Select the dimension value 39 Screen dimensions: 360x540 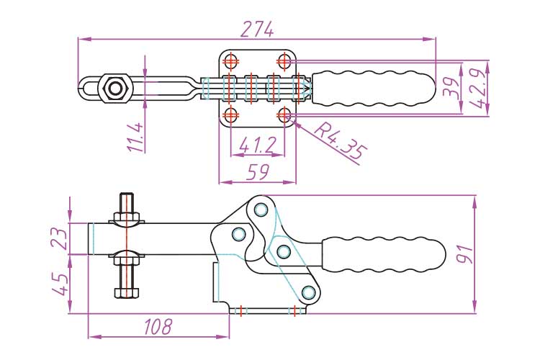[451, 88]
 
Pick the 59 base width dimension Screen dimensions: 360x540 [257, 172]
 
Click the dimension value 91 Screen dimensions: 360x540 [464, 253]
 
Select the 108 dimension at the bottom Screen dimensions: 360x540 [158, 327]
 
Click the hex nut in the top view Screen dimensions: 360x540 [114, 88]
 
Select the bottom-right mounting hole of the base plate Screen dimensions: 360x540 [284, 114]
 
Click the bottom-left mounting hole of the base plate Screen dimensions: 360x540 [231, 114]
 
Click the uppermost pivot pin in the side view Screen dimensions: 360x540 [261, 210]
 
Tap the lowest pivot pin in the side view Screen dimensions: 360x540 [310, 292]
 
